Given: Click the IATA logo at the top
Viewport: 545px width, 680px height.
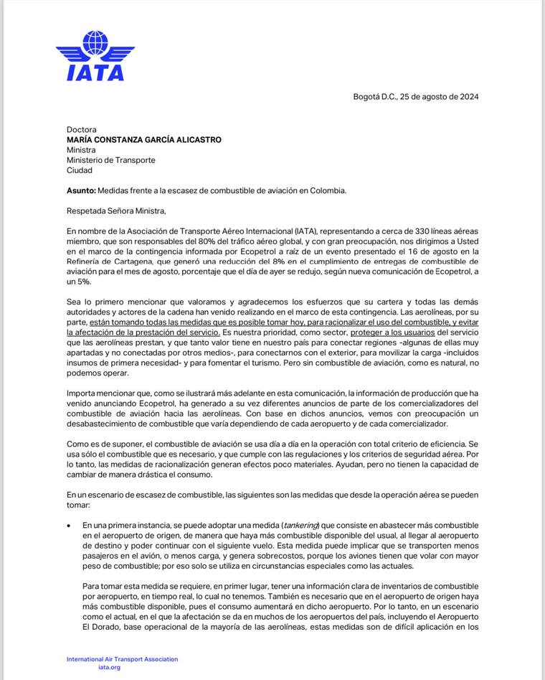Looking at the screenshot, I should (x=95, y=56).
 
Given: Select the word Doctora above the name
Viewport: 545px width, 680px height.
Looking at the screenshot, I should (x=82, y=130).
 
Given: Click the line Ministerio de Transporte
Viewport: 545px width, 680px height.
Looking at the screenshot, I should (x=110, y=160).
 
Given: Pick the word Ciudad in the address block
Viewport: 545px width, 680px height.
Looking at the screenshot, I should (x=80, y=170).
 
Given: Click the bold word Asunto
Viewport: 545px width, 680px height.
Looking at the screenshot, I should (x=80, y=190).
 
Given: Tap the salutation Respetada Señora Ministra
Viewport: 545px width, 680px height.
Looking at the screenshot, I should (x=116, y=210).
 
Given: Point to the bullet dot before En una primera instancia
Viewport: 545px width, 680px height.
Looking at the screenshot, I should (x=69, y=525).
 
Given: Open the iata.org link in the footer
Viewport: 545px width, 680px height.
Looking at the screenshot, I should (x=110, y=667).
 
